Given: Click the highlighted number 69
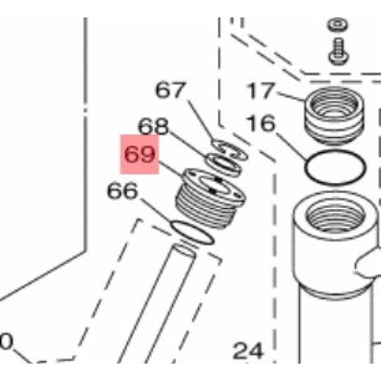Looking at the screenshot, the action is pyautogui.click(x=140, y=154).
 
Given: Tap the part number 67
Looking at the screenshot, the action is pyautogui.click(x=170, y=90).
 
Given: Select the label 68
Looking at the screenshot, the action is pyautogui.click(x=153, y=126).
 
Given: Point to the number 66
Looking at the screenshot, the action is pyautogui.click(x=122, y=190).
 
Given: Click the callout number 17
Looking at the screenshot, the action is pyautogui.click(x=261, y=90).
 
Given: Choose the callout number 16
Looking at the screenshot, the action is pyautogui.click(x=261, y=124).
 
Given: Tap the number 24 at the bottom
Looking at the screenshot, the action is pyautogui.click(x=248, y=351).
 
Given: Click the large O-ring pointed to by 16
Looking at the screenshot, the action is pyautogui.click(x=336, y=152).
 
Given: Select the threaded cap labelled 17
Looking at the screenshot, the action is pyautogui.click(x=334, y=116).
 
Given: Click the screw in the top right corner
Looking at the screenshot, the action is pyautogui.click(x=339, y=51).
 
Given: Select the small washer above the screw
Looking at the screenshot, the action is pyautogui.click(x=338, y=25).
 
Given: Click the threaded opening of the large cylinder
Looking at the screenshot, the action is pyautogui.click(x=336, y=217).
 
